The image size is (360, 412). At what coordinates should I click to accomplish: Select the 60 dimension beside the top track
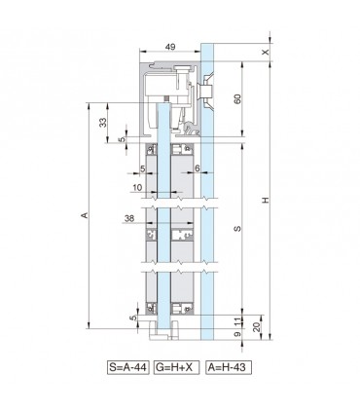pos(237,99)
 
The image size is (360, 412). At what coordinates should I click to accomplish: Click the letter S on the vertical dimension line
pos(237,230)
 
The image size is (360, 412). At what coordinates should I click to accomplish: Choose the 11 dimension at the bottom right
pos(238,319)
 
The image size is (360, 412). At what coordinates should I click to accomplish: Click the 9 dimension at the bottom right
pos(238,334)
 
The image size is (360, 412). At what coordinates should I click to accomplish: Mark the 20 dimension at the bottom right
pos(256,326)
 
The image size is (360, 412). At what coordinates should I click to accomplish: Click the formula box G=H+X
pos(174,370)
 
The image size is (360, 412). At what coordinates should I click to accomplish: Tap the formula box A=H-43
pos(223,370)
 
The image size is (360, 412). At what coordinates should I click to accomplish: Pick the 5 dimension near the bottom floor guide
pos(133,316)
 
